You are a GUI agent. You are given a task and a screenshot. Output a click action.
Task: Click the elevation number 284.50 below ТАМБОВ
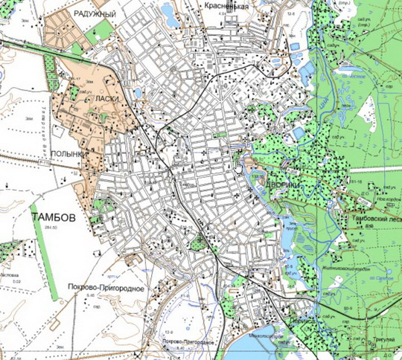click(51, 226)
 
